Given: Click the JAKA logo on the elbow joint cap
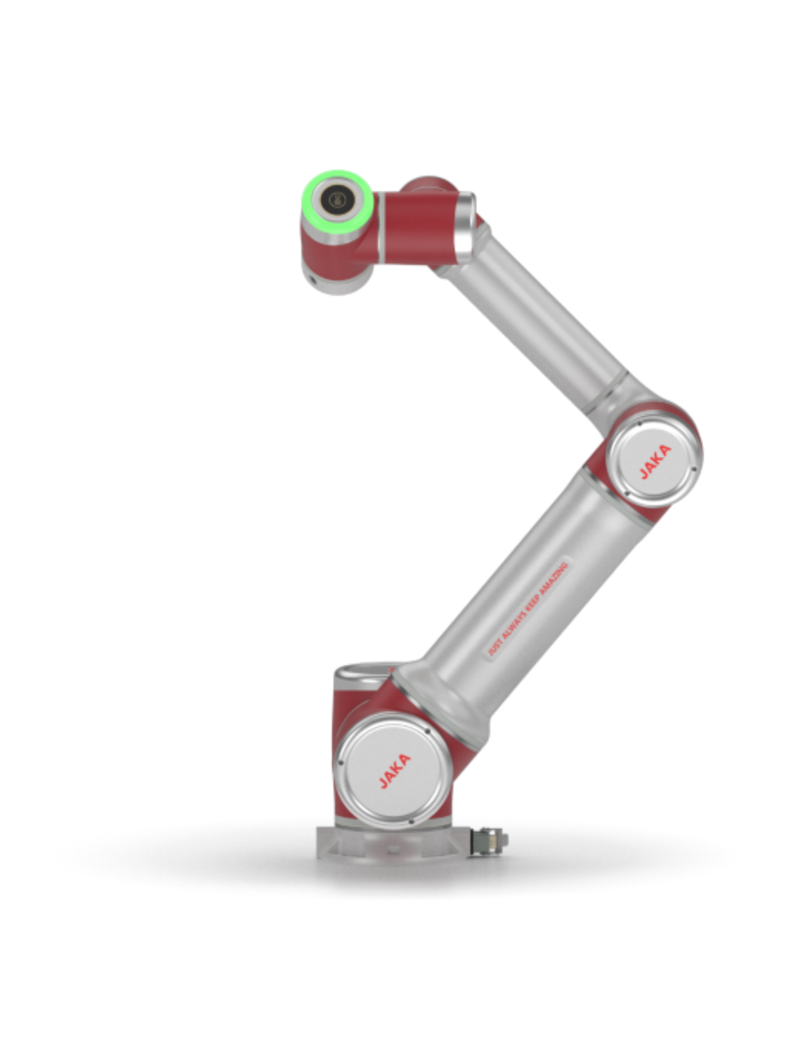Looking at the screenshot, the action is click(x=655, y=462).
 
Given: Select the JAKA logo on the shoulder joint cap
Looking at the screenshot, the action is click(x=395, y=771).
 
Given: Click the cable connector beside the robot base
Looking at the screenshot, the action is click(x=488, y=842).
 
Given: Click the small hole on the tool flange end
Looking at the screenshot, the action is click(x=314, y=279).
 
